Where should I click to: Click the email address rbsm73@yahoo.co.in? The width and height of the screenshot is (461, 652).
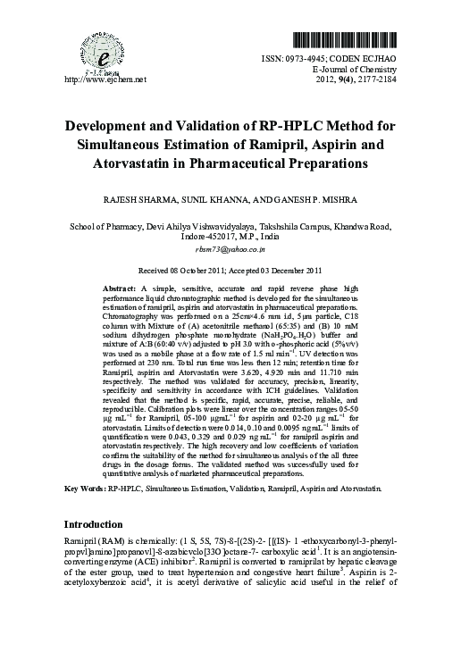[231, 252]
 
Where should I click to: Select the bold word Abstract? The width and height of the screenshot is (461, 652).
[119, 290]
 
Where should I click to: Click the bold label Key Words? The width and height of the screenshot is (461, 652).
[83, 490]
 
